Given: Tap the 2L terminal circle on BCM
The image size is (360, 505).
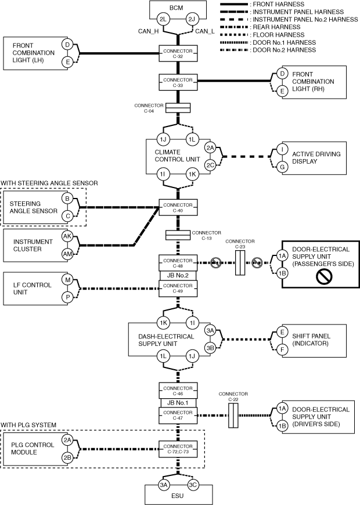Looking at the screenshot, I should (164, 20).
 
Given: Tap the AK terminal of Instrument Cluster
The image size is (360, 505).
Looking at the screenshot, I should (68, 236).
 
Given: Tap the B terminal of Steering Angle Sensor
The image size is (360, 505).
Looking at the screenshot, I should (68, 199).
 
